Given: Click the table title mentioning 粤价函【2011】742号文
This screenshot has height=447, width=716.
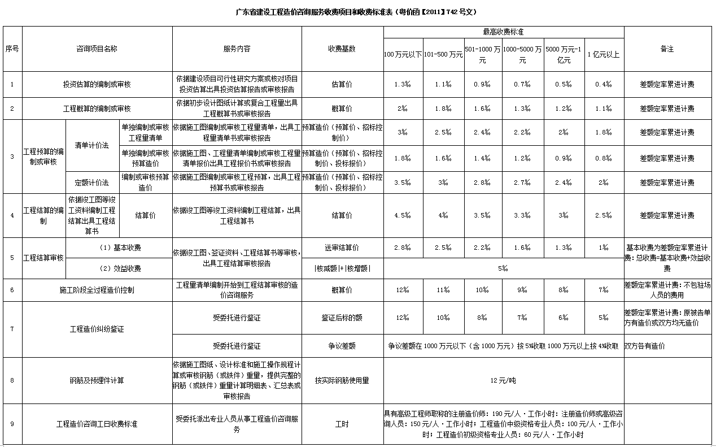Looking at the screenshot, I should click(357, 12).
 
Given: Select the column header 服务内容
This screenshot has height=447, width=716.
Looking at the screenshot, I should click(237, 49).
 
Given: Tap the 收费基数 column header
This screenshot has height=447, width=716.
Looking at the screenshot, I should click(342, 49).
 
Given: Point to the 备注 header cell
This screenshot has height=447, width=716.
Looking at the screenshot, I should click(667, 49).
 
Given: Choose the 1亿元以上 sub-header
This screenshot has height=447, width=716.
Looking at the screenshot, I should click(604, 55).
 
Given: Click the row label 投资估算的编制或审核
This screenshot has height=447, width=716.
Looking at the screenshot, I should click(97, 85).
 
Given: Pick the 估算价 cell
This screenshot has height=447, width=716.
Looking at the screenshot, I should click(342, 85).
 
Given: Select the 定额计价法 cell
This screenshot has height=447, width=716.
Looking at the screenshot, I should click(92, 183).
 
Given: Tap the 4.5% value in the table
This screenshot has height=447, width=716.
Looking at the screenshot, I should click(403, 215).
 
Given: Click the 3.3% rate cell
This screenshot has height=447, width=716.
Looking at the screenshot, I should click(522, 215).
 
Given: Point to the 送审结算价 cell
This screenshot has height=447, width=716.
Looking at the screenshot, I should click(342, 248).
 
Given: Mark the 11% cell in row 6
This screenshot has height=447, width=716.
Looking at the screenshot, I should click(443, 290).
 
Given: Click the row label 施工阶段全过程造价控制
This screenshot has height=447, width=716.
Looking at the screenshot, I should click(97, 290).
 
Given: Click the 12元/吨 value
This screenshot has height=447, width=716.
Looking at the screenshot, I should click(503, 380).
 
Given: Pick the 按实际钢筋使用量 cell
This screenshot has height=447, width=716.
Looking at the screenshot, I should click(342, 380).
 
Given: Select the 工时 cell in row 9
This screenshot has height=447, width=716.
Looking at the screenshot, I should click(342, 423).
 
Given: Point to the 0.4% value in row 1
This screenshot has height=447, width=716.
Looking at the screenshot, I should click(604, 85).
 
